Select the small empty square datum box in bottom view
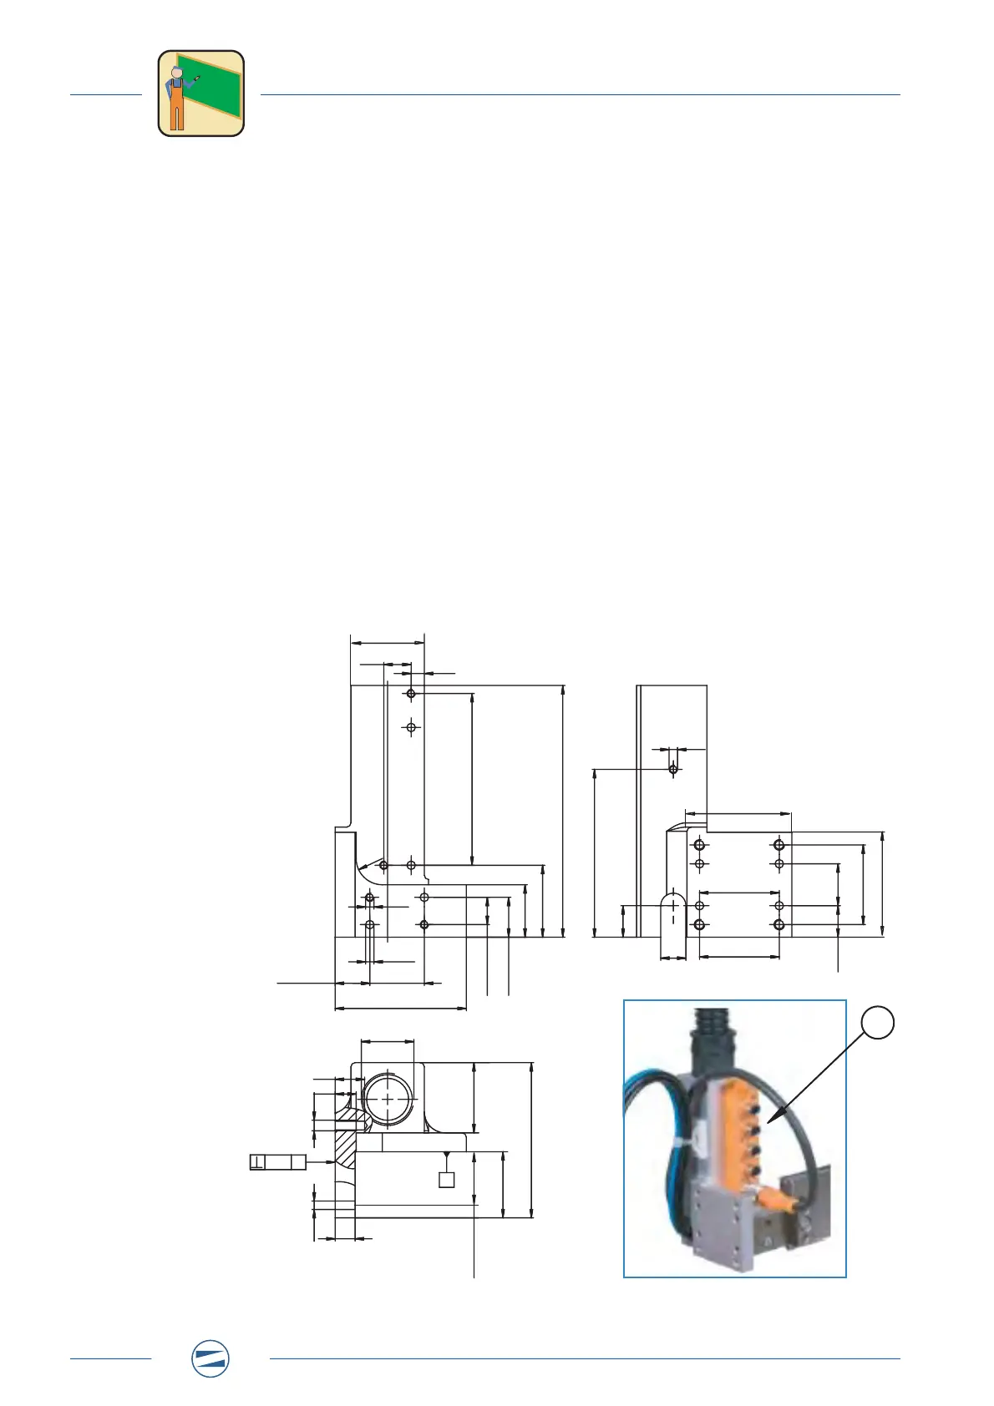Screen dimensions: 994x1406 coord(447,1180)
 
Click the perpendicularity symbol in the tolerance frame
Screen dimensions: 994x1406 coord(257,1161)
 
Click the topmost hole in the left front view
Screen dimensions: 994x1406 coord(411,694)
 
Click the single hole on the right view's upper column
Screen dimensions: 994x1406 coord(673,768)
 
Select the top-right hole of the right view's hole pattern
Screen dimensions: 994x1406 coord(779,845)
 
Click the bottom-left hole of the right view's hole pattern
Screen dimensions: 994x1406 coord(700,925)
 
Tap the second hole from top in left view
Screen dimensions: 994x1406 coord(411,728)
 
